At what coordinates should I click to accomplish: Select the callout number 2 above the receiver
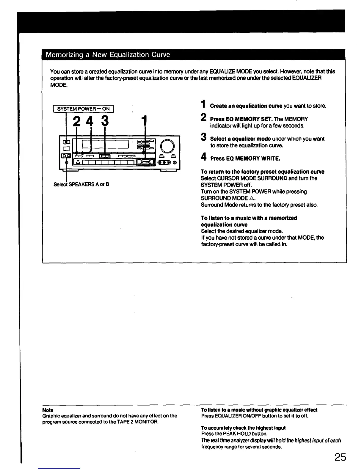tap(77, 121)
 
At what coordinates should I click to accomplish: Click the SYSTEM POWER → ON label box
tap(83, 109)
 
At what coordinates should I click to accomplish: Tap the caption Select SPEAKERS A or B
tap(81, 184)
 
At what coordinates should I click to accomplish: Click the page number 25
tap(340, 457)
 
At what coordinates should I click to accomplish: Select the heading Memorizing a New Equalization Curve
tap(108, 55)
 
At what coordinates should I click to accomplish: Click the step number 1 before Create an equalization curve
tap(203, 105)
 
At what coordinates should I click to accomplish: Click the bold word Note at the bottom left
tap(48, 410)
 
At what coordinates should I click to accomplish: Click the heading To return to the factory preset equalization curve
tap(262, 172)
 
